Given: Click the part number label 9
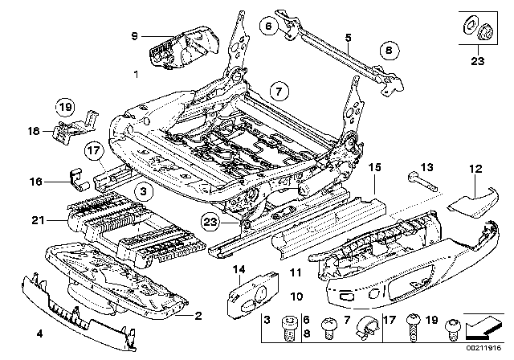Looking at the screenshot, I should click(x=136, y=35).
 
